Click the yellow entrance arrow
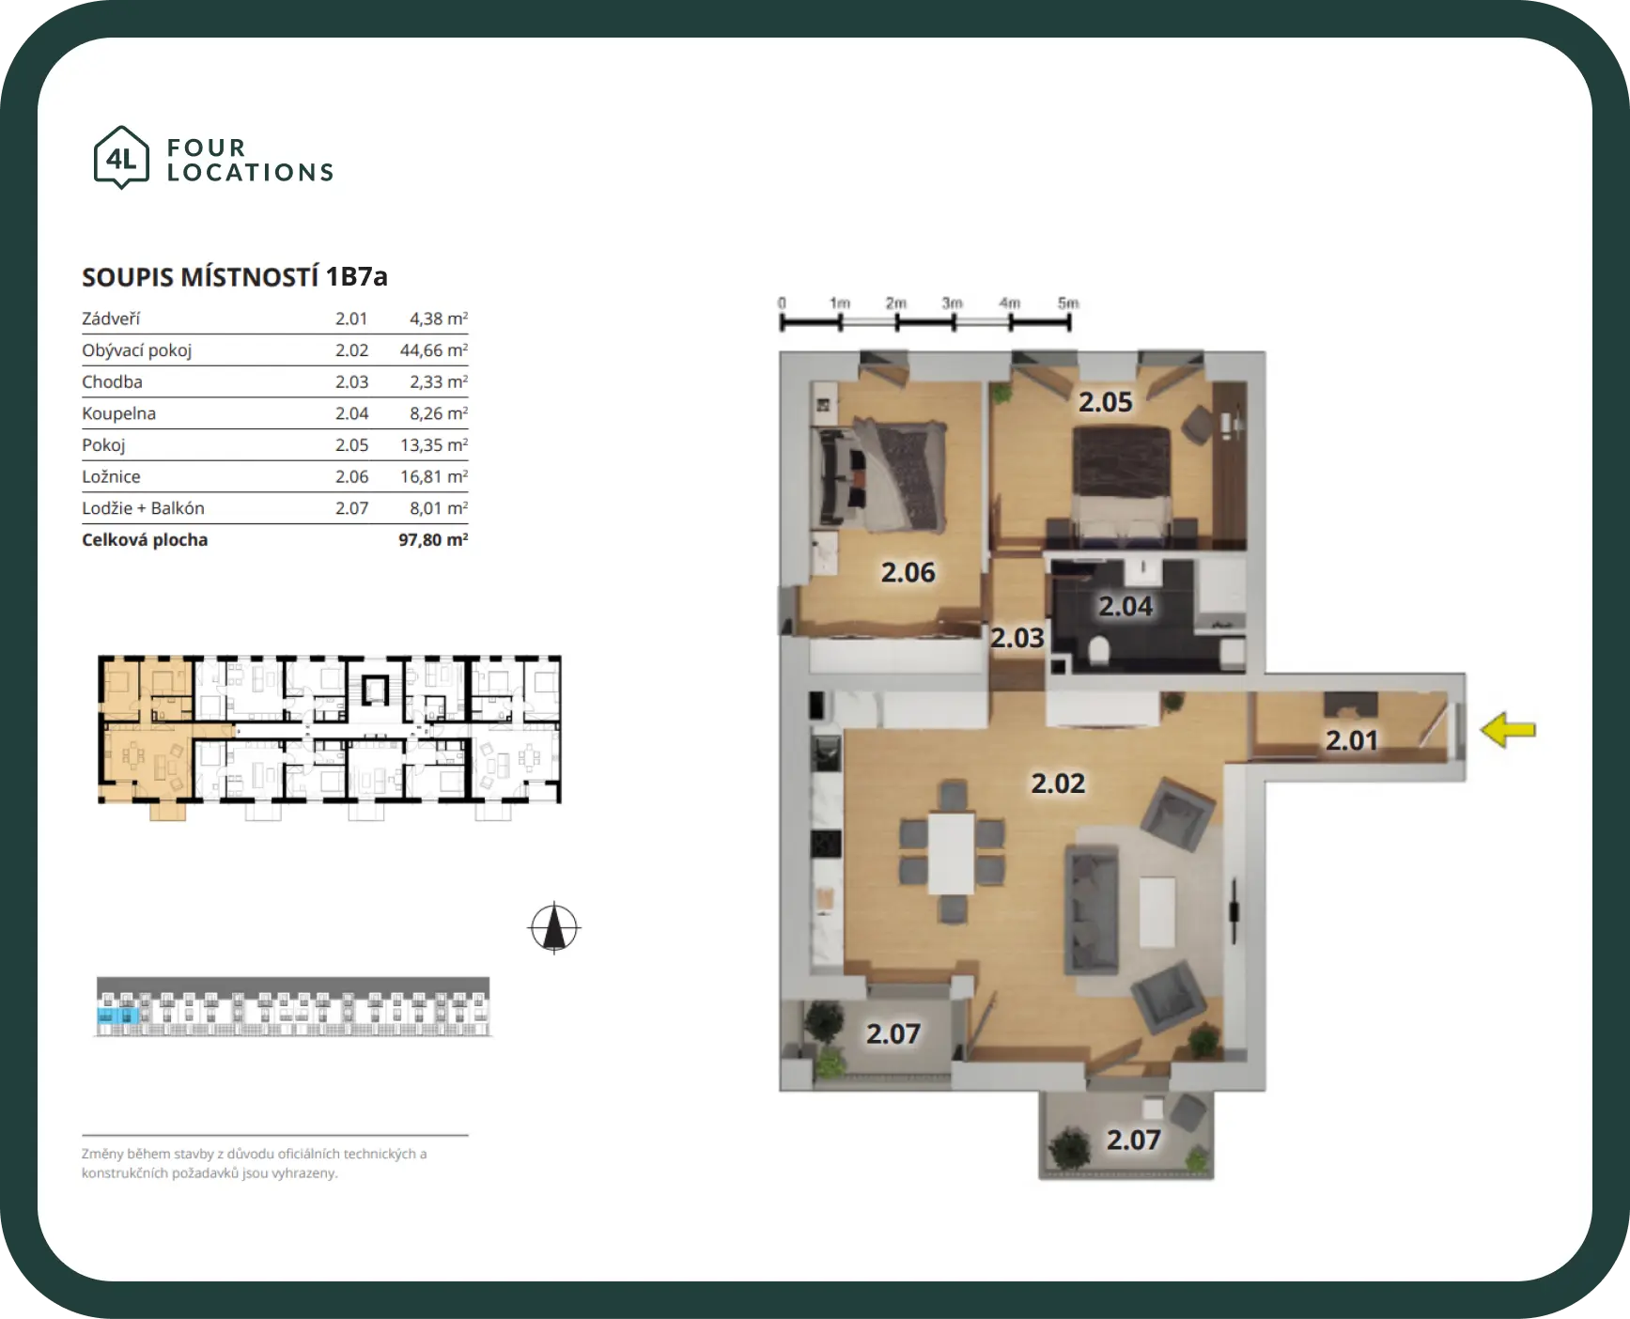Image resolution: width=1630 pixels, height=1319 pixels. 1508,730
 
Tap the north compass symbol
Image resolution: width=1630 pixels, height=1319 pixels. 554,928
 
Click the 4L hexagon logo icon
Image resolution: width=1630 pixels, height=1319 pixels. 121,158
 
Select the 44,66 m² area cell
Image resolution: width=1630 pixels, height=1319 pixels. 433,350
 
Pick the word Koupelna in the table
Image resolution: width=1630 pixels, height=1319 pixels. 119,413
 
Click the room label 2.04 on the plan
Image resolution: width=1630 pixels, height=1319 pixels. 1125,607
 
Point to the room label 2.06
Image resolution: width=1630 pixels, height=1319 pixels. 908,572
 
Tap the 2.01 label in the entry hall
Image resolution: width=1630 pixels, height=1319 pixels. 1351,740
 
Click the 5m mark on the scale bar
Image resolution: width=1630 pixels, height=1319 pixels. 1068,303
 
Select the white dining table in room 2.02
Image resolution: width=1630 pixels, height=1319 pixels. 952,853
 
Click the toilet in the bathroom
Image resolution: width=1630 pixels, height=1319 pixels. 1098,650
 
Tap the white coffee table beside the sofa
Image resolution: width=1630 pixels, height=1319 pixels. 1157,911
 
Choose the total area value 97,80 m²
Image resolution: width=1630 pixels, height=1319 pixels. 433,540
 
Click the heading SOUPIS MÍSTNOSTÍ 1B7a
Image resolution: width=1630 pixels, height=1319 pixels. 235,277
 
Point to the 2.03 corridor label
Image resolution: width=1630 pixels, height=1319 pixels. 1017,638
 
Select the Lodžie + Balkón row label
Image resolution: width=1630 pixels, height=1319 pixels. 143,508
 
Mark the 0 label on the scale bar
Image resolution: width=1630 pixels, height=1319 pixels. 782,303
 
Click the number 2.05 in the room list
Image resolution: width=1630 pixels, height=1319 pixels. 351,445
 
